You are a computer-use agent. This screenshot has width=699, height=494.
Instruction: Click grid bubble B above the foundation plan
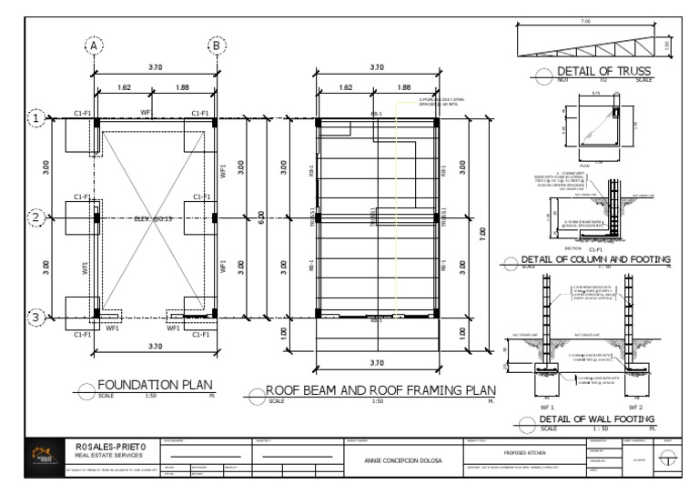click(x=217, y=45)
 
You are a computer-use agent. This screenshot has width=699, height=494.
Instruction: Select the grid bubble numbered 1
click(x=35, y=118)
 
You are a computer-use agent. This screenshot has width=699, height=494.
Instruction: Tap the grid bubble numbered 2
click(x=35, y=217)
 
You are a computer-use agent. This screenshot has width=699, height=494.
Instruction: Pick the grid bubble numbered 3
click(x=35, y=318)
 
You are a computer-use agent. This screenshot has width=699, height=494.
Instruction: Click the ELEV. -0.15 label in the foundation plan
click(x=153, y=218)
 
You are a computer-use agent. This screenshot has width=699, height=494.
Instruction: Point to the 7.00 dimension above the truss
click(x=586, y=20)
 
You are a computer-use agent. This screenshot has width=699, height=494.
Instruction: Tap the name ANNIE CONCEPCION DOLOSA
click(x=403, y=460)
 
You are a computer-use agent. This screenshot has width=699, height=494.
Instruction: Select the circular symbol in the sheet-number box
click(x=670, y=460)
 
